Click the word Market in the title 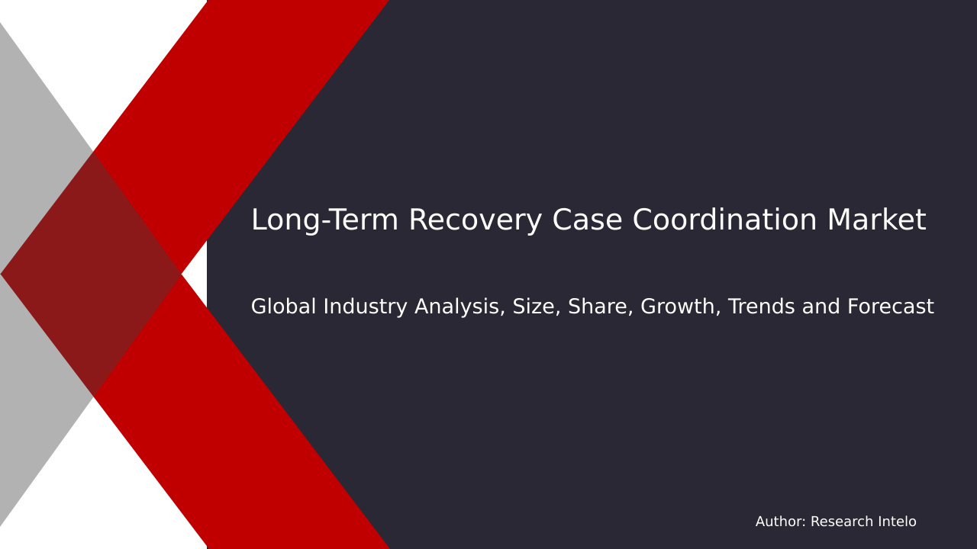(876, 221)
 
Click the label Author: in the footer (780, 522)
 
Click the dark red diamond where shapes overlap (92, 274)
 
